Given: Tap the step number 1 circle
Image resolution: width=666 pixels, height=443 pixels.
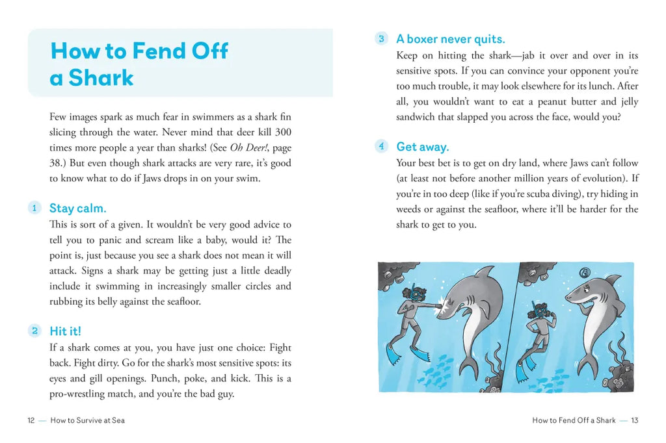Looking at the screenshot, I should click(x=34, y=208).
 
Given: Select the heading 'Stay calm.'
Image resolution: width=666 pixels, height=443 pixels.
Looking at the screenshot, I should click(x=77, y=209).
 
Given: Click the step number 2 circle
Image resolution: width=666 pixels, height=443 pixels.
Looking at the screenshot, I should click(x=34, y=331).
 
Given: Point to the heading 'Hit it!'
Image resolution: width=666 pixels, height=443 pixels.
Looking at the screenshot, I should click(x=65, y=331).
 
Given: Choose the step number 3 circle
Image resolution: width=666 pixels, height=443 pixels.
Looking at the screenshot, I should click(x=382, y=38).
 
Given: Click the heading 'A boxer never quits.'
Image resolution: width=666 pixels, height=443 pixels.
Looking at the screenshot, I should click(x=451, y=39).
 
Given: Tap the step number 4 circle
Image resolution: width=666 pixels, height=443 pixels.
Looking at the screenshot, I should click(x=382, y=146).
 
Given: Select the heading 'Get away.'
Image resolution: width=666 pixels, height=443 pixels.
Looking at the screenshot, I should click(x=423, y=147).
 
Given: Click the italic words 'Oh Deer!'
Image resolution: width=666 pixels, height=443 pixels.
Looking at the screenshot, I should click(x=248, y=147).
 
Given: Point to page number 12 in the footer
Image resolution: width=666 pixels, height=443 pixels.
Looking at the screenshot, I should click(x=31, y=420).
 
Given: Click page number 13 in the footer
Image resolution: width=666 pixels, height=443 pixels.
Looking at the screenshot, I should click(x=634, y=420).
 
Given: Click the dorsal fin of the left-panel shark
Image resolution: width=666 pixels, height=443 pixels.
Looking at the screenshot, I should click(x=485, y=271).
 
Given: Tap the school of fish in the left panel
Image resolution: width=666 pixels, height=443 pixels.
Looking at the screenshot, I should click(x=437, y=367).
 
